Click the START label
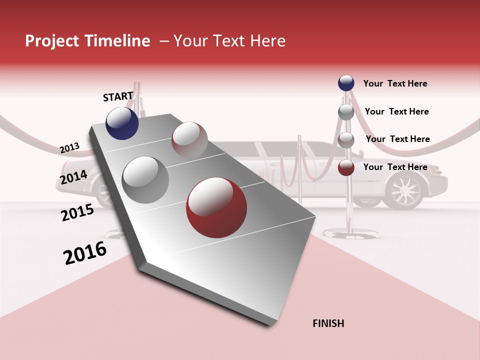click(x=118, y=96)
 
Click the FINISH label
click(x=328, y=323)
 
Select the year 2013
click(x=69, y=148)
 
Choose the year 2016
click(x=85, y=253)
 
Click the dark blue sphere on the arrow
click(x=122, y=123)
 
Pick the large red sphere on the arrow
click(x=216, y=207)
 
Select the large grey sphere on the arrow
click(x=145, y=179)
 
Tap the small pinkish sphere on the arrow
click(x=189, y=139)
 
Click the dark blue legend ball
click(x=346, y=83)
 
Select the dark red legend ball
click(x=346, y=167)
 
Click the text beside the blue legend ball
click(x=395, y=83)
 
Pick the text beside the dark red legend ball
click(x=395, y=167)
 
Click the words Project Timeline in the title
click(x=87, y=41)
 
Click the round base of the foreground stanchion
click(x=348, y=232)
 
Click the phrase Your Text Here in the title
click(x=229, y=41)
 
